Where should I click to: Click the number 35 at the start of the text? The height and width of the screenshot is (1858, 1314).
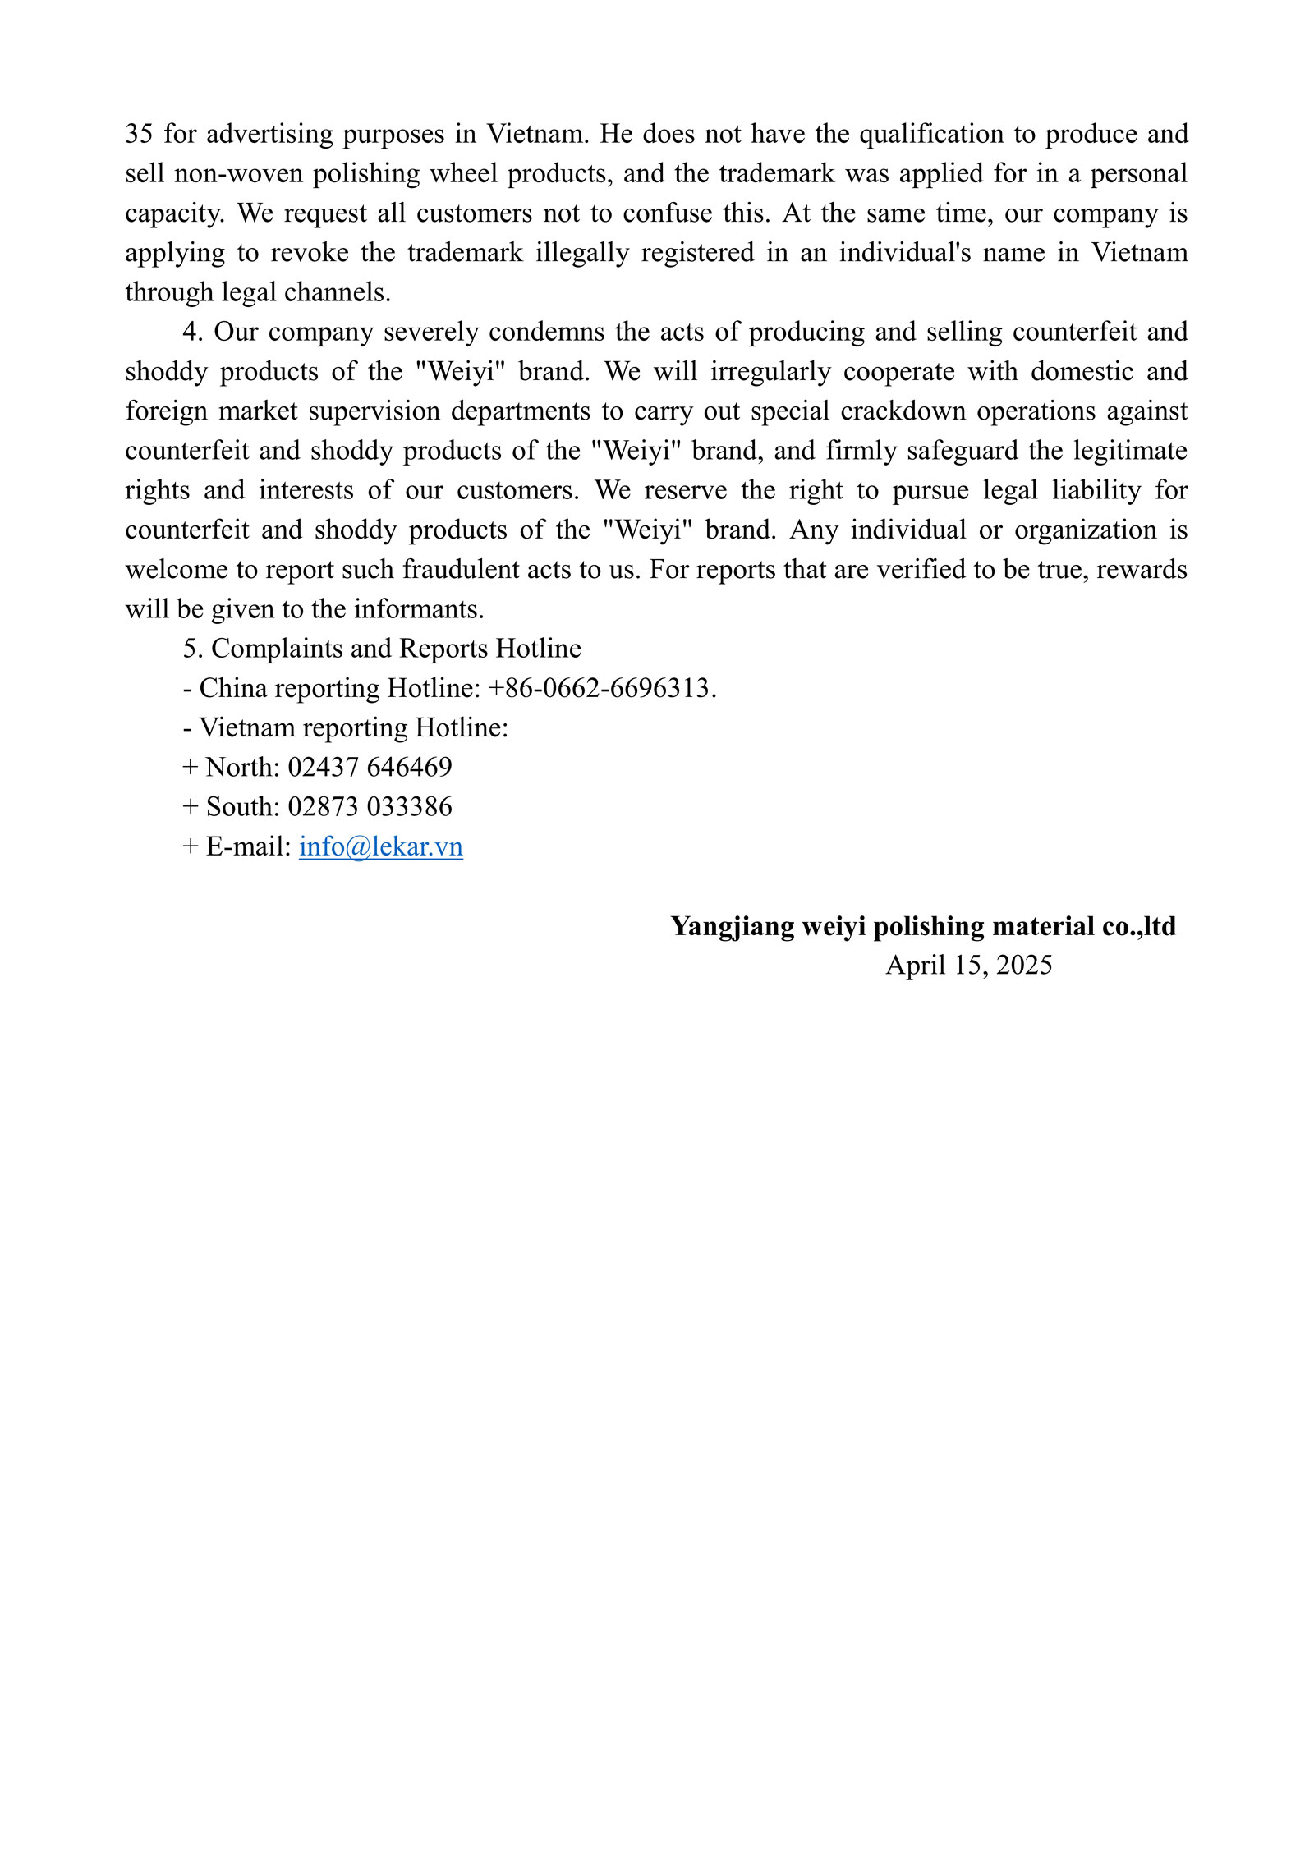(138, 134)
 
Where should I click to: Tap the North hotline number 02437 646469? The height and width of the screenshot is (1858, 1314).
(370, 767)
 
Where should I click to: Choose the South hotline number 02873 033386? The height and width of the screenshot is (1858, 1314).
(370, 807)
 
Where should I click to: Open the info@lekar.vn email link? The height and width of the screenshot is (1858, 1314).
(381, 846)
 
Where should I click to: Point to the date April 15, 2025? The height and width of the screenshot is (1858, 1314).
(968, 965)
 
